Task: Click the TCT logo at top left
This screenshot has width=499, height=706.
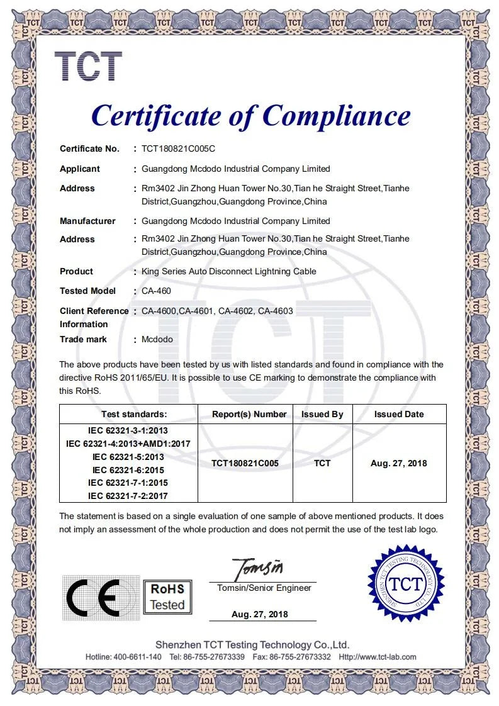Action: [87, 66]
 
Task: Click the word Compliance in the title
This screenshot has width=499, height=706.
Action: [336, 116]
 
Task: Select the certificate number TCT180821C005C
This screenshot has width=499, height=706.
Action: [178, 149]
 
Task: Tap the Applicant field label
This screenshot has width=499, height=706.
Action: [80, 169]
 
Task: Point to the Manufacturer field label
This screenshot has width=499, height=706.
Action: [87, 221]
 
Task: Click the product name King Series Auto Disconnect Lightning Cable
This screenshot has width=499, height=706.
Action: [229, 271]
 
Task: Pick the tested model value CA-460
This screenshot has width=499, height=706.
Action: [156, 291]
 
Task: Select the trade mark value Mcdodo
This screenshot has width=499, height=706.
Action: [157, 339]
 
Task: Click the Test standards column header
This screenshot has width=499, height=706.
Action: [134, 414]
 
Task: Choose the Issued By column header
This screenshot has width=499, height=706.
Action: [322, 414]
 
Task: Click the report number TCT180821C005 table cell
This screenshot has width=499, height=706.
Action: [245, 463]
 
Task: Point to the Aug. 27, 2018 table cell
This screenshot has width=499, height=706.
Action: [399, 463]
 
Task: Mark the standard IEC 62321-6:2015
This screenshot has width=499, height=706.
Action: [128, 470]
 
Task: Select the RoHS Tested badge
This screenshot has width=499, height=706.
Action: [167, 597]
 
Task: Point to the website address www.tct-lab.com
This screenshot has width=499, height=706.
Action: [386, 657]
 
